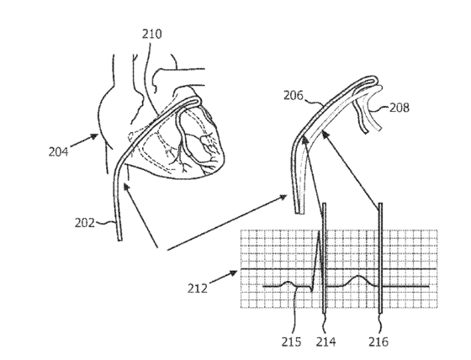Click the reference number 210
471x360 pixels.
(151, 34)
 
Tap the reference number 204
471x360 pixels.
(58, 151)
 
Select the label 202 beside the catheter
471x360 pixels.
(84, 223)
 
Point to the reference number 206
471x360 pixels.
(294, 96)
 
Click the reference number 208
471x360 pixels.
(400, 108)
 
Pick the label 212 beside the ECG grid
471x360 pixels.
(198, 289)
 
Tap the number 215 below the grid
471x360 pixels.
(291, 341)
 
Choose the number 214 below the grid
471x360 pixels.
(325, 341)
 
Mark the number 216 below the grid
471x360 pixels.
(378, 341)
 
